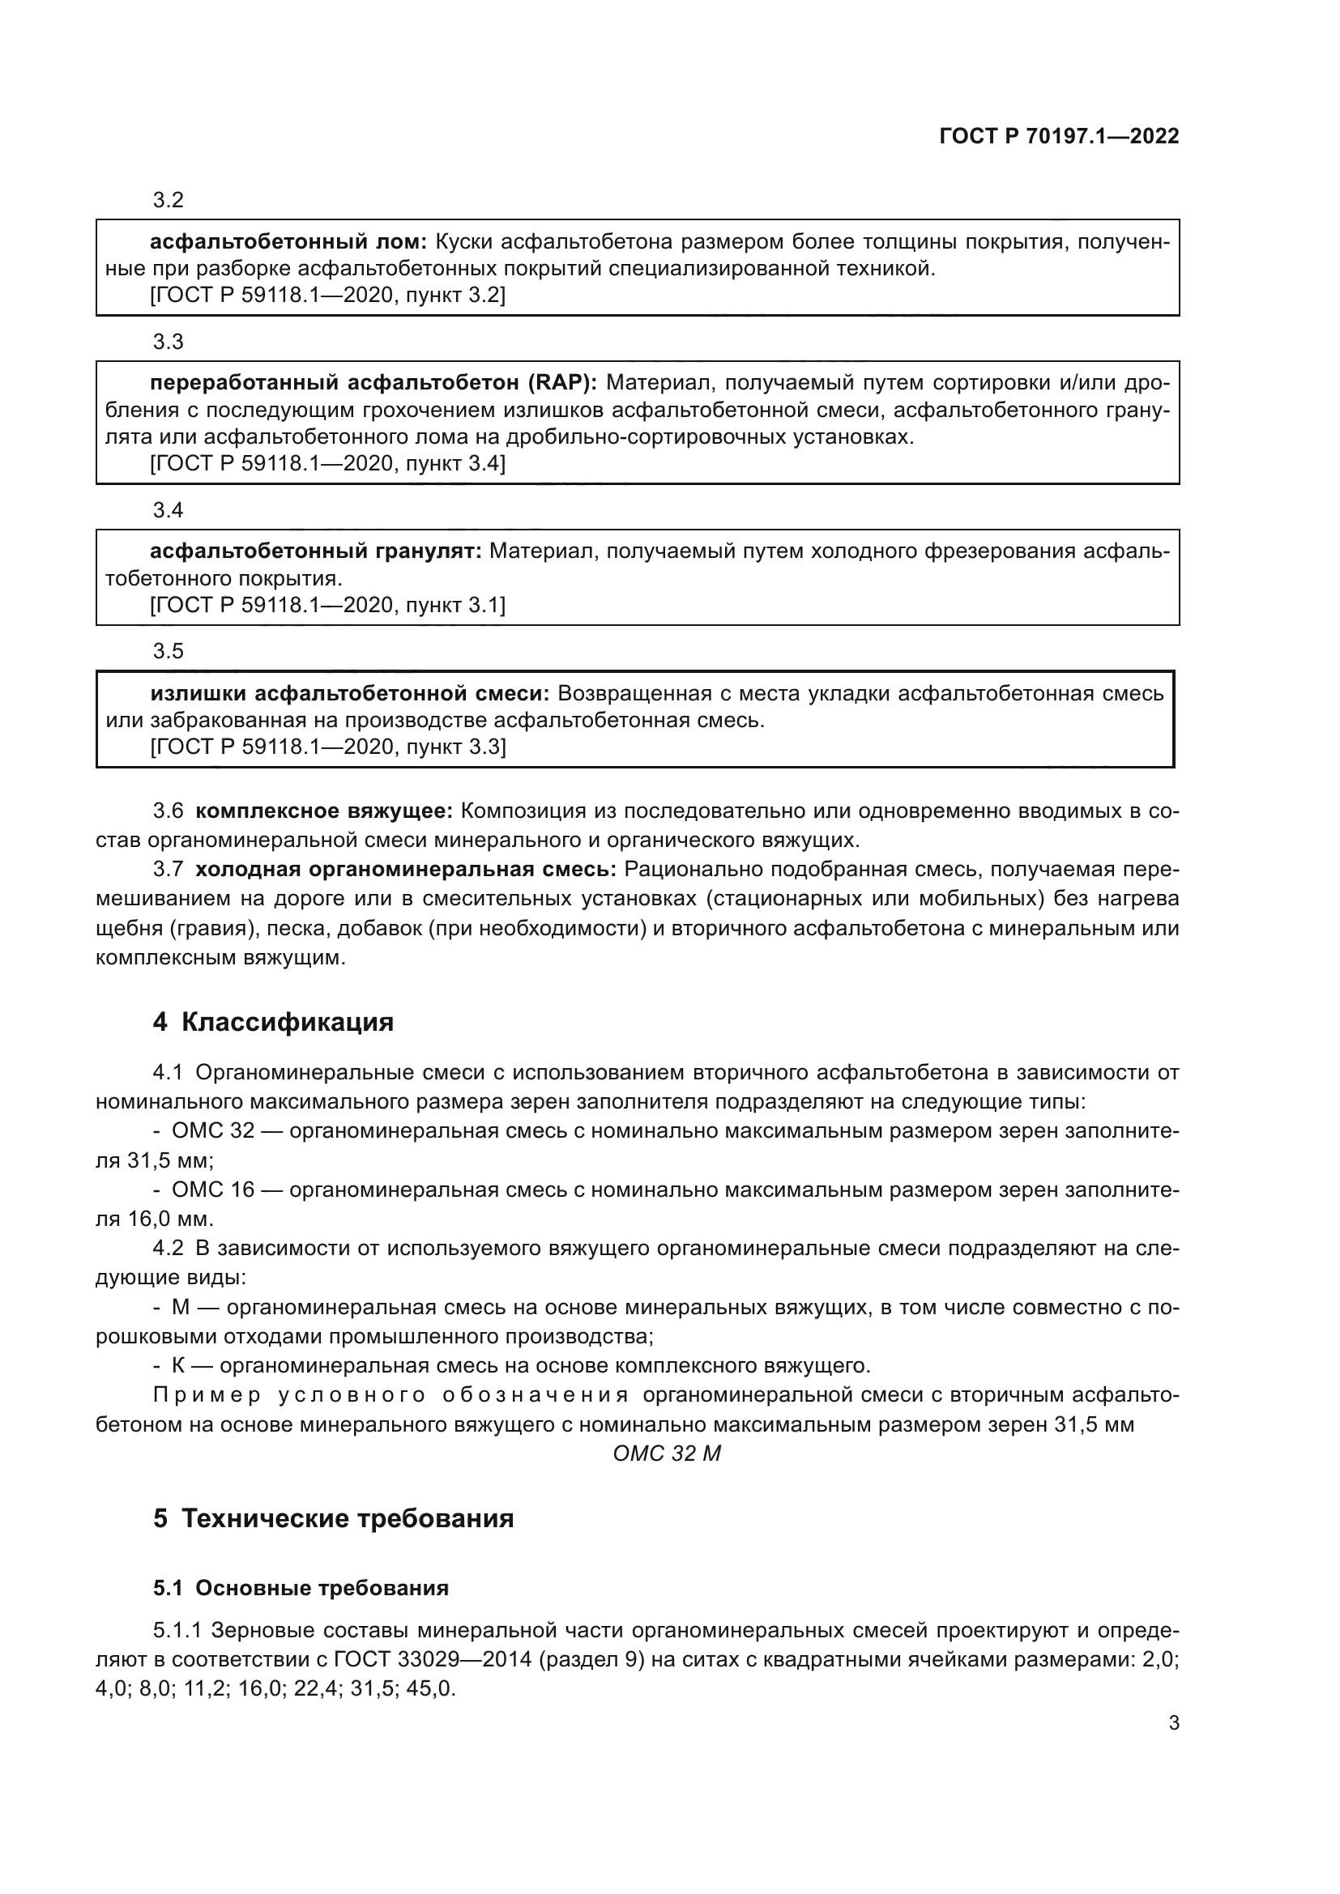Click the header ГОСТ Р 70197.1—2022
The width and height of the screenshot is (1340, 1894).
pyautogui.click(x=1059, y=136)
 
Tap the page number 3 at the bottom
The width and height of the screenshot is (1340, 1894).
pyautogui.click(x=1173, y=1722)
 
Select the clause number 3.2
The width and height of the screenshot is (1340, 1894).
pyautogui.click(x=169, y=200)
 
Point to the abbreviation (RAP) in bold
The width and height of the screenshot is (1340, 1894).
pyautogui.click(x=563, y=383)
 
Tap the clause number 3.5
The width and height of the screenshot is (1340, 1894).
pyautogui.click(x=169, y=652)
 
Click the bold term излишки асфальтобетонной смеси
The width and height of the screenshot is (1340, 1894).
pyautogui.click(x=350, y=693)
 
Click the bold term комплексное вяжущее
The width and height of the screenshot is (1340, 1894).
pyautogui.click(x=324, y=811)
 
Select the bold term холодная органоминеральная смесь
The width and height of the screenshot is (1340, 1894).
pyautogui.click(x=406, y=870)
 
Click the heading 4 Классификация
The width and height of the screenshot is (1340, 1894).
pyautogui.click(x=273, y=1022)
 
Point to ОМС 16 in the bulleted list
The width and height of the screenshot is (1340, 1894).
pyautogui.click(x=213, y=1190)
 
